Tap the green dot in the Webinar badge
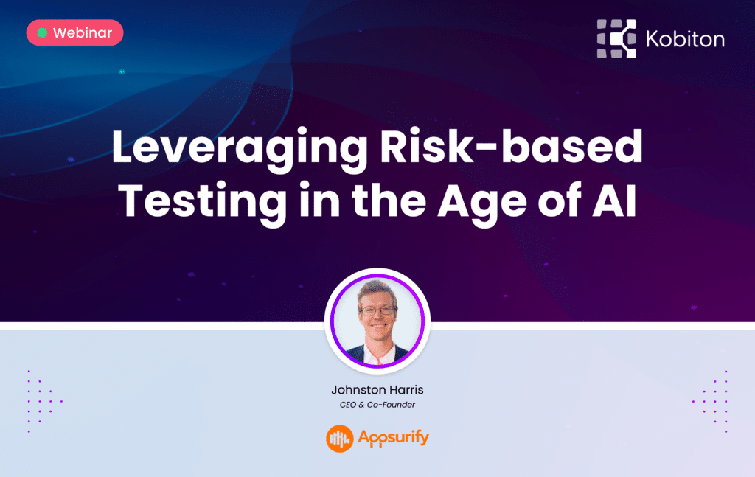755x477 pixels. point(43,33)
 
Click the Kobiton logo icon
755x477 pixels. point(616,38)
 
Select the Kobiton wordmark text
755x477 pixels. point(684,39)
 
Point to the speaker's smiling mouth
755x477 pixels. point(377,329)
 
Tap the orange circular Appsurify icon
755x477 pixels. point(340,439)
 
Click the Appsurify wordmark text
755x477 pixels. point(393,439)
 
